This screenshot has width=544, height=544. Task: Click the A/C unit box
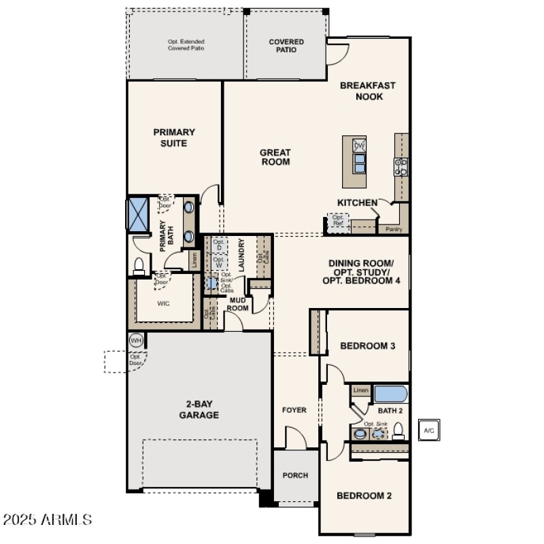[x=428, y=430]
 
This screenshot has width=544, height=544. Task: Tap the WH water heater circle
[x=135, y=340]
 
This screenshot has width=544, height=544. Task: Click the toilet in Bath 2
[x=399, y=430]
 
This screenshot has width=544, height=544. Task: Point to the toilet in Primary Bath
[x=139, y=265]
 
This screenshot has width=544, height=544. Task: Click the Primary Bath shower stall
[x=139, y=214]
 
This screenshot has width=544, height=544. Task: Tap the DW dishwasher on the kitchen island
[x=360, y=145]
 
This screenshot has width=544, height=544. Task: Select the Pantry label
[x=394, y=230]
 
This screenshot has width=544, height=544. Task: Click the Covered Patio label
[x=286, y=46]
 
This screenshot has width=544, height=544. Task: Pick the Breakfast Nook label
[x=367, y=91]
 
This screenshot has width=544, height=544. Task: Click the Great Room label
[x=275, y=157]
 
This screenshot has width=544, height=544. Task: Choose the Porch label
[x=295, y=475]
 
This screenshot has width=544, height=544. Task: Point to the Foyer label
[x=294, y=410]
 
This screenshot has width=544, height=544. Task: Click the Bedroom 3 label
[x=367, y=346]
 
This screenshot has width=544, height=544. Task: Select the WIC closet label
[x=163, y=303]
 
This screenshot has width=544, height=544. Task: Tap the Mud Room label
[x=237, y=303]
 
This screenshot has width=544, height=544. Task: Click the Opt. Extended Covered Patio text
[x=186, y=46]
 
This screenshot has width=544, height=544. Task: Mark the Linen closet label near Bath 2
[x=360, y=390]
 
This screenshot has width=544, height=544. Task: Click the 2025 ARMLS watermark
[x=48, y=520]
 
